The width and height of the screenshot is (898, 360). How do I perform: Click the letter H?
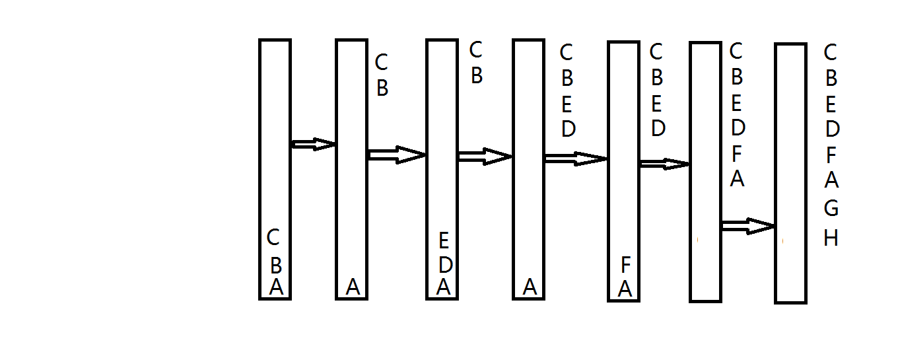831,238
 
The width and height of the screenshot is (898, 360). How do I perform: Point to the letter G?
831,208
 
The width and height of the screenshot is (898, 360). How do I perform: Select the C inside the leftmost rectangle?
273,236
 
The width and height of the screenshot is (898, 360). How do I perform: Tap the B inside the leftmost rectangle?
276,265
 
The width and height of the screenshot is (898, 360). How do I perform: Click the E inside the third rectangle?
444,240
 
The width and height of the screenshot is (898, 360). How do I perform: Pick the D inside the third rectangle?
446,265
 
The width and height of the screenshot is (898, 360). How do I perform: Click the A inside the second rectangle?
353,287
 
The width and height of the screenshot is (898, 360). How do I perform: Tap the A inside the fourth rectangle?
530,287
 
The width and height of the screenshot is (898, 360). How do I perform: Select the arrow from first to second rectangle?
314,144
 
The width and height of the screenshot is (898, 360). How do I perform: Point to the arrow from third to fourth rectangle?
485,157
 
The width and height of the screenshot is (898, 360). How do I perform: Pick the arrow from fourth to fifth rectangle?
575,159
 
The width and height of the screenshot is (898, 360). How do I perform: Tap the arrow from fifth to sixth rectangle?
664,164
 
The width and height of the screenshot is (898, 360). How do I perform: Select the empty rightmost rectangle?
790,173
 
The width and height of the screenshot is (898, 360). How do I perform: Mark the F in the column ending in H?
831,155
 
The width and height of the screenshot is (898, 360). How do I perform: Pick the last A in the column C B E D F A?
737,178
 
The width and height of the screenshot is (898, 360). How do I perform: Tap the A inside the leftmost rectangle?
276,287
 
